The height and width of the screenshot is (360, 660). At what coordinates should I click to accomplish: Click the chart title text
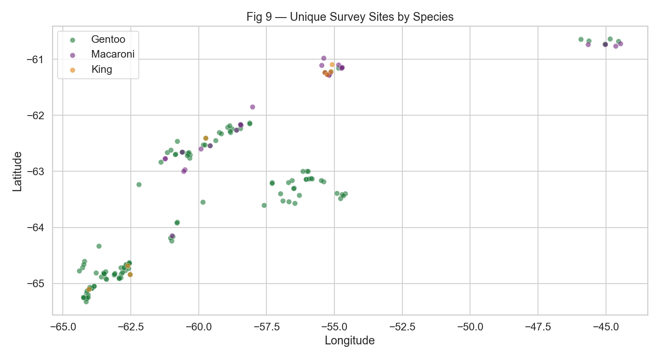tap(350, 17)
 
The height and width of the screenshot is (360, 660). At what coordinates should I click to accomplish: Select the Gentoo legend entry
tap(108, 39)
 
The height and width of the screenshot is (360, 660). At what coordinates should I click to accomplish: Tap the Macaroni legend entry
tap(113, 54)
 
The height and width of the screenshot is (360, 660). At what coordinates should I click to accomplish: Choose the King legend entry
tap(102, 69)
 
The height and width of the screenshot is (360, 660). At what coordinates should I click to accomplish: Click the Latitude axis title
tap(17, 171)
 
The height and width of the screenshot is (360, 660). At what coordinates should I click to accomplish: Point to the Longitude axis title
tap(350, 341)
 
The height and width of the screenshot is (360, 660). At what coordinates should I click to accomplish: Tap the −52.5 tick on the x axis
tap(402, 327)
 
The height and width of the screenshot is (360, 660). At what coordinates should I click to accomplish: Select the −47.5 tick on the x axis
tap(538, 327)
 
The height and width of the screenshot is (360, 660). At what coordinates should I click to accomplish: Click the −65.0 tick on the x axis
tap(63, 327)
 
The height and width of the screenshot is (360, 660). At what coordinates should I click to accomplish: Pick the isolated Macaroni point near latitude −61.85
tap(252, 107)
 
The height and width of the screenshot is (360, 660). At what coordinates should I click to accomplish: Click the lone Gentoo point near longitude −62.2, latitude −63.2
tap(139, 184)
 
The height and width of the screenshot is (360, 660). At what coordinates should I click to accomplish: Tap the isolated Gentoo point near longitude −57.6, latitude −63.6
tap(264, 205)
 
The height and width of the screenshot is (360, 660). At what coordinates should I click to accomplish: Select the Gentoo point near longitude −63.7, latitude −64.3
tap(99, 246)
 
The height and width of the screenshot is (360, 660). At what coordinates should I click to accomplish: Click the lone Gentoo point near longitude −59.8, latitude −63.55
tap(203, 202)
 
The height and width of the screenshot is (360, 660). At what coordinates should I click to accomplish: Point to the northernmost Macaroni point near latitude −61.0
tap(324, 58)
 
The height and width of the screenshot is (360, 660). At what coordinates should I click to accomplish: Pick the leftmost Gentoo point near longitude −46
tap(581, 39)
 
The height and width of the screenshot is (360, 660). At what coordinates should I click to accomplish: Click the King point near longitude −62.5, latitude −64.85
tap(130, 274)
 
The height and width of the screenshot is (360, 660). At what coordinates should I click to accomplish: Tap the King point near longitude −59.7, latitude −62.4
tap(206, 138)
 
